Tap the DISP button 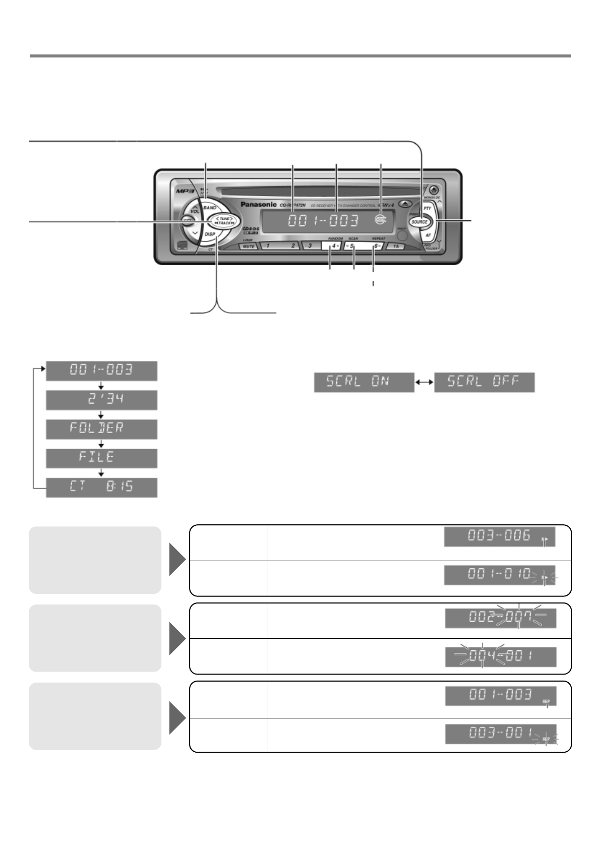[210, 234]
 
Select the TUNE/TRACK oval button [221, 221]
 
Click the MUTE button [248, 247]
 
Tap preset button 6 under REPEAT [376, 247]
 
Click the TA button [396, 247]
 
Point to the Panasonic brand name [258, 205]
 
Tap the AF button [427, 235]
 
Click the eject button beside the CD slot [404, 205]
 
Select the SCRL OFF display [484, 383]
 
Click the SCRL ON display [364, 383]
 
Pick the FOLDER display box [101, 429]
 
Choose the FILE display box [101, 458]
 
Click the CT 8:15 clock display [101, 488]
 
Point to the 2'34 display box [101, 400]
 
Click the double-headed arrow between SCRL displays [424, 383]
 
